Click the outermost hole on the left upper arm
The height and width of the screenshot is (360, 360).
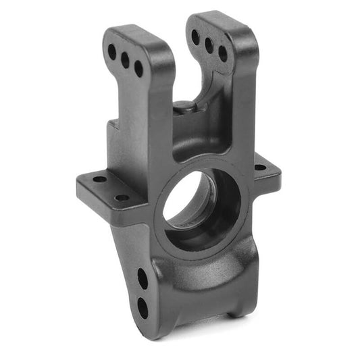tap(111, 51)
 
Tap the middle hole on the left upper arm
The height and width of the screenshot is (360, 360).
tap(125, 60)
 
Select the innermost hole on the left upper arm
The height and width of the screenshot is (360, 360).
tap(138, 69)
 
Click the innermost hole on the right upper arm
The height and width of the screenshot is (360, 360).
tap(196, 37)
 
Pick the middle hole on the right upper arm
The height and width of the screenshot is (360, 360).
tap(209, 45)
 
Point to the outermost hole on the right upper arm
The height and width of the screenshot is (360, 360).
tap(223, 53)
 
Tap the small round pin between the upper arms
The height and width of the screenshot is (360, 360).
tap(183, 107)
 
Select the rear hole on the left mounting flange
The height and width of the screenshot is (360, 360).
tap(99, 179)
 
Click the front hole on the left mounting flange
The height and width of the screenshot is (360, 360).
tap(122, 198)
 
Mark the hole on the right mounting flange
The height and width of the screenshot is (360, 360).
tap(260, 167)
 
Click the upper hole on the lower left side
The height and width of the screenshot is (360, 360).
tap(143, 278)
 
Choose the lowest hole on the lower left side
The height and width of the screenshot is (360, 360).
tap(142, 307)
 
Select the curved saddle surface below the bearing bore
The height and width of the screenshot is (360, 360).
tap(203, 270)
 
